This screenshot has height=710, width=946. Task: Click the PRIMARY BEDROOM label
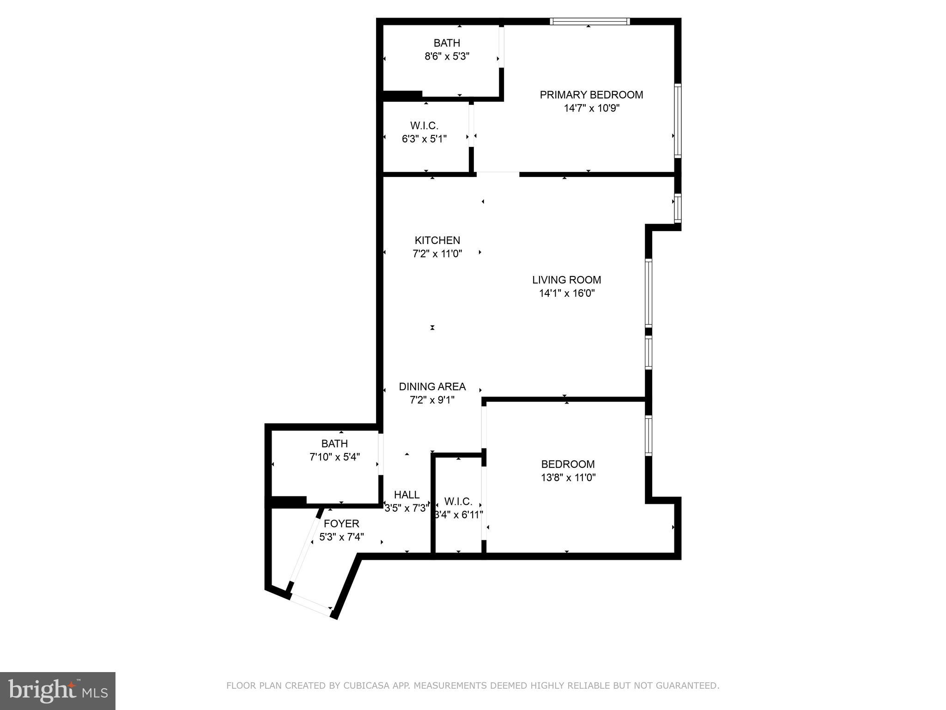pos(591,95)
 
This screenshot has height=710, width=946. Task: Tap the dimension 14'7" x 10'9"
pos(591,108)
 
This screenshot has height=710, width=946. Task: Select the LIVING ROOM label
pos(566,280)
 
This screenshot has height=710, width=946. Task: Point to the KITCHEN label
pos(437,240)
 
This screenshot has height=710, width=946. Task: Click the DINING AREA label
pos(432,386)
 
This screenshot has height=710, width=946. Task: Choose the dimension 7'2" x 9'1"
pos(432,400)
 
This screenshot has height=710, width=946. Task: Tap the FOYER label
pos(341,524)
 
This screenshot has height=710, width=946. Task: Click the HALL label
pos(406,495)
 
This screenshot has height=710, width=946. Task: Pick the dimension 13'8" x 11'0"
pos(568,477)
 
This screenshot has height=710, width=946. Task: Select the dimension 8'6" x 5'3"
pos(447,56)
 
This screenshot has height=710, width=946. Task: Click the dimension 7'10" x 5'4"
pos(334,457)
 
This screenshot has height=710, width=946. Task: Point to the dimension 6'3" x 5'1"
pos(424,139)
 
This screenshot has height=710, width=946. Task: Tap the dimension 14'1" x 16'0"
pos(566,293)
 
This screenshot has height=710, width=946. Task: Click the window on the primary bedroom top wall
pos(589,21)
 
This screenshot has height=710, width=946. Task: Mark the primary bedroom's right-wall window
pos(677,121)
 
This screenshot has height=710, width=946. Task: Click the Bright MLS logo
pos(58,691)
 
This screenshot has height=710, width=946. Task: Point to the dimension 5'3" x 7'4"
pos(341,537)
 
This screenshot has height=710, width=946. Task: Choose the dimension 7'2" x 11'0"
pos(437,254)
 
